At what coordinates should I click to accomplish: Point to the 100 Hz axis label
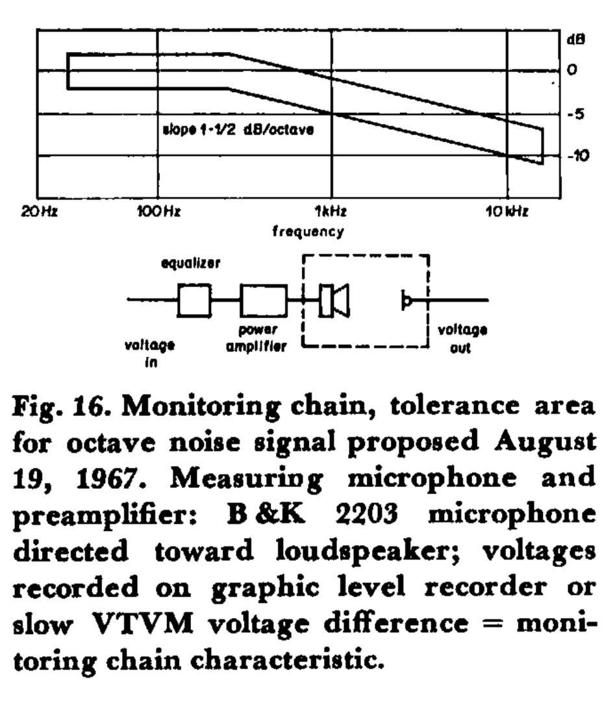pos(158,212)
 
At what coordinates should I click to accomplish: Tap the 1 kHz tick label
pos(332,212)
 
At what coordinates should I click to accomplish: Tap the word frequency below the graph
pos(308,231)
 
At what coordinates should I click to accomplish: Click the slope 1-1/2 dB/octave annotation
pos(238,130)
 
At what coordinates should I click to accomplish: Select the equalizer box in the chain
pos(194,300)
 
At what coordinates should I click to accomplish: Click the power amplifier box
pos(264,300)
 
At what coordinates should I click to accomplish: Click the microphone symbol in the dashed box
pos(406,301)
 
